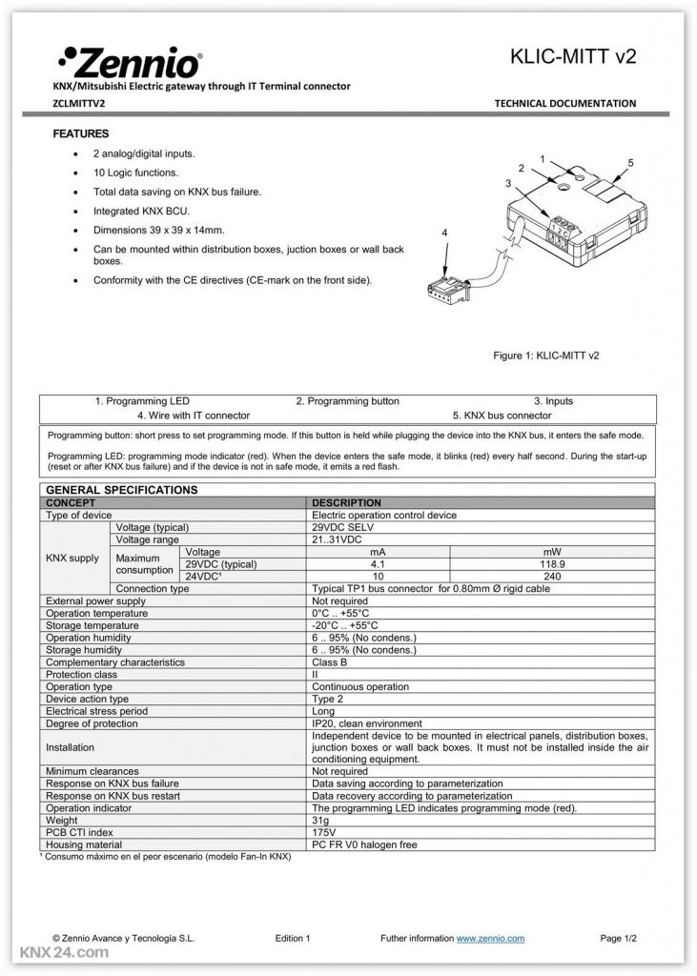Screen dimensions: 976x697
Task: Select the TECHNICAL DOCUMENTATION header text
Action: (x=564, y=103)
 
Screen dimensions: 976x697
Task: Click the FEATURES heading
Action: (x=81, y=134)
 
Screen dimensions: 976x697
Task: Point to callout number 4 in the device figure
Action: (x=445, y=233)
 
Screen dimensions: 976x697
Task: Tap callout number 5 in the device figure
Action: (x=630, y=163)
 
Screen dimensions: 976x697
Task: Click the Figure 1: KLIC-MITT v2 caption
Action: (x=545, y=356)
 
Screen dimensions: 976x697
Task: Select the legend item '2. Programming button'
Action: (x=347, y=401)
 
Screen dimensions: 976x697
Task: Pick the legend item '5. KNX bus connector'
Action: (x=502, y=416)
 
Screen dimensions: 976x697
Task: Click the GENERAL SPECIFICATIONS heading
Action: (x=121, y=490)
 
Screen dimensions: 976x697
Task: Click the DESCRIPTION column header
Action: (x=346, y=502)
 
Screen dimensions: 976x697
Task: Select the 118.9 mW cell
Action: (x=550, y=564)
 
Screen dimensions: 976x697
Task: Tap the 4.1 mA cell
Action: (x=378, y=564)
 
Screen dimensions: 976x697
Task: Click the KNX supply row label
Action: (x=72, y=558)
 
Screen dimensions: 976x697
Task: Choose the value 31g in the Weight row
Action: (x=320, y=821)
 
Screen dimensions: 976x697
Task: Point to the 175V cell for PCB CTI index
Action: (x=324, y=832)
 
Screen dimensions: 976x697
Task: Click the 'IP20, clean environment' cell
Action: (x=366, y=723)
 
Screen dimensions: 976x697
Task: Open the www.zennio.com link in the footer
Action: (x=490, y=939)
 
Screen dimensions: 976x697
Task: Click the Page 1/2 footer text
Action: (x=618, y=939)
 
